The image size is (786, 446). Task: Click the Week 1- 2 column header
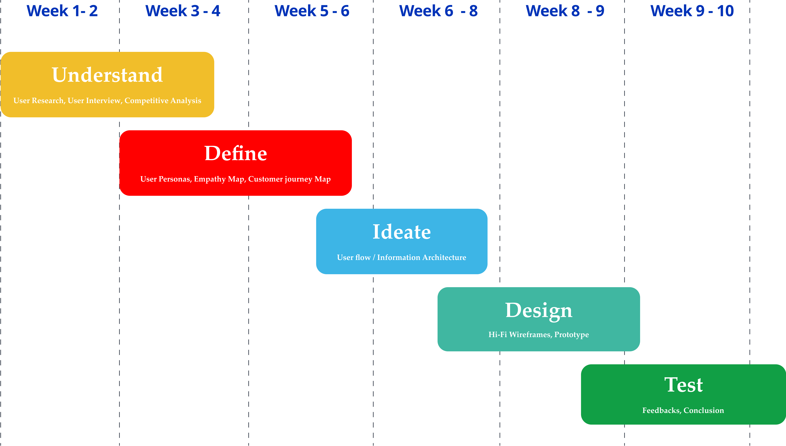pyautogui.click(x=62, y=11)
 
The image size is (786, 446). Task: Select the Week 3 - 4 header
pyautogui.click(x=183, y=11)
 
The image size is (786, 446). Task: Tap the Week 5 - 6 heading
pyautogui.click(x=312, y=11)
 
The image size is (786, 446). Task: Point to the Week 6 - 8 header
pyautogui.click(x=439, y=11)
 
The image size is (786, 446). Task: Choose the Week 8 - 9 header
pyautogui.click(x=565, y=11)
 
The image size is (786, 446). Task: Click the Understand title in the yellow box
pyautogui.click(x=107, y=75)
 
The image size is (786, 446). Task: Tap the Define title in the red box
pyautogui.click(x=235, y=153)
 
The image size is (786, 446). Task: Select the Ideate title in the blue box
pyautogui.click(x=402, y=232)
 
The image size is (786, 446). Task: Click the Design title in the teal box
pyautogui.click(x=539, y=310)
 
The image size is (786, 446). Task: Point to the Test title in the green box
pyautogui.click(x=684, y=385)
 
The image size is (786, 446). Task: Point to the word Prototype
pyautogui.click(x=572, y=334)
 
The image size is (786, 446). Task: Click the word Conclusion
pyautogui.click(x=704, y=411)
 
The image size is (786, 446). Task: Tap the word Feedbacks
pyautogui.click(x=661, y=411)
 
